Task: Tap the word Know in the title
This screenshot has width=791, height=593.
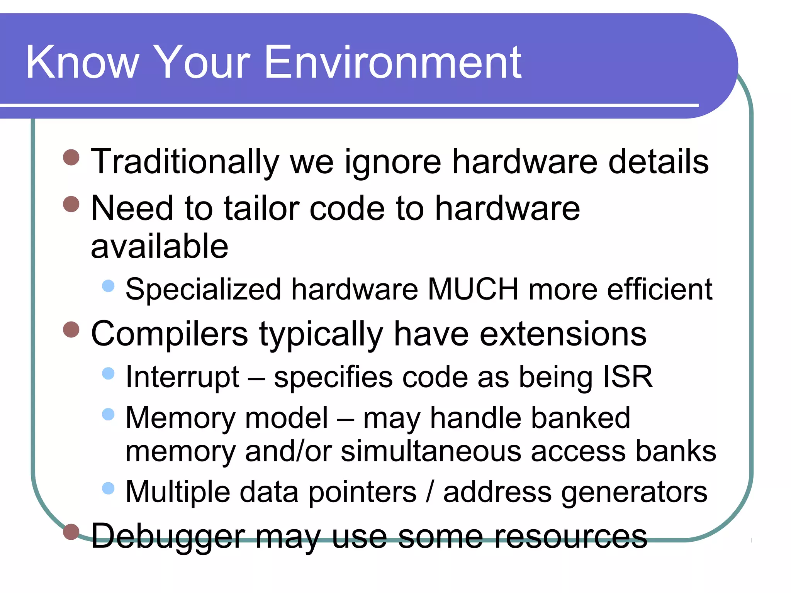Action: pyautogui.click(x=82, y=63)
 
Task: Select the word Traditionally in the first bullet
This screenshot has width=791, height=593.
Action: pyautogui.click(x=185, y=162)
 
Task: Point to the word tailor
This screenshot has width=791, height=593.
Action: pyautogui.click(x=261, y=208)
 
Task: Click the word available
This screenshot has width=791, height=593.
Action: pyautogui.click(x=160, y=246)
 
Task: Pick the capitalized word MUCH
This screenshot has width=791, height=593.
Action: pyautogui.click(x=473, y=289)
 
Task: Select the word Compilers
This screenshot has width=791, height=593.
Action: pyautogui.click(x=169, y=334)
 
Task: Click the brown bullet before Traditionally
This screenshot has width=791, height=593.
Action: pyautogui.click(x=71, y=158)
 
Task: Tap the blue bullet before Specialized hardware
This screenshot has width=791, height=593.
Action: pyautogui.click(x=109, y=286)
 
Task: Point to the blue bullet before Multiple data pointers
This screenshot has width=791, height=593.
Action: pyautogui.click(x=109, y=488)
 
